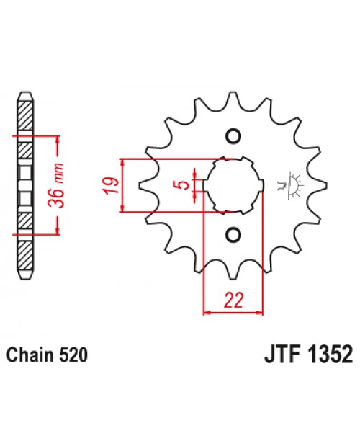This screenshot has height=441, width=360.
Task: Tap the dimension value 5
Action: click(x=186, y=184)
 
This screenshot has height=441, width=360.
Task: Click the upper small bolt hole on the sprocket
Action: click(x=233, y=135)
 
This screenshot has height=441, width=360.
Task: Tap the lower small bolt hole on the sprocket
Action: click(x=233, y=233)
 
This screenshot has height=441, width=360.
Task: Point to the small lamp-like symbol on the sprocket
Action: click(x=292, y=184)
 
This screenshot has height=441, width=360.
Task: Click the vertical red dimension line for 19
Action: click(x=125, y=184)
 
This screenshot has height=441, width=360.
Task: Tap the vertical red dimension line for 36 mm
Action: click(x=56, y=184)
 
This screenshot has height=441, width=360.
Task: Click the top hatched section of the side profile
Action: click(x=24, y=115)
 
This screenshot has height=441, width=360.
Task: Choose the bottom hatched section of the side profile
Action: click(x=24, y=252)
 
